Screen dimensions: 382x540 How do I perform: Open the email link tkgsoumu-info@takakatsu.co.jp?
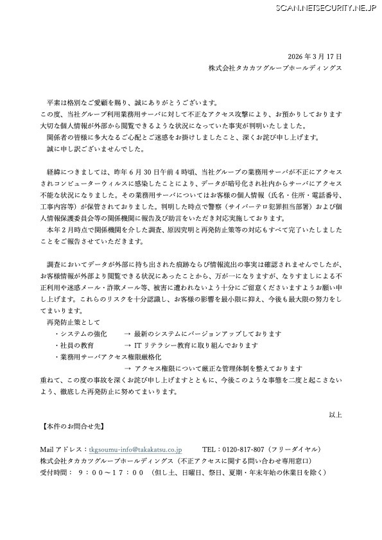[135, 449]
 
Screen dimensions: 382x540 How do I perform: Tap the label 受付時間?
[54, 473]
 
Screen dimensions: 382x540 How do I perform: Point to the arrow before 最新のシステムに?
[128, 334]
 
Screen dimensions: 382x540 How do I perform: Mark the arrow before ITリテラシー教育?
[128, 345]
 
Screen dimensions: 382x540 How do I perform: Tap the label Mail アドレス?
[63, 449]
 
